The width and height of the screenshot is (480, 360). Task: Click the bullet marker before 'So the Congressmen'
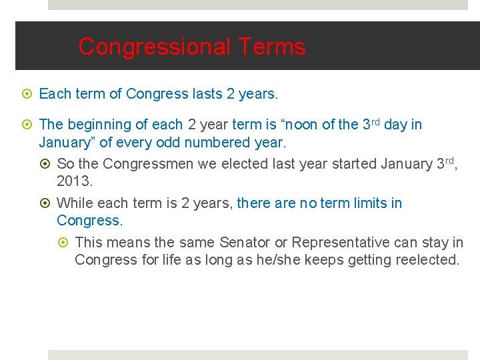tap(46, 164)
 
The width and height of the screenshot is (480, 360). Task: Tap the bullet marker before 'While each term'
tap(46, 203)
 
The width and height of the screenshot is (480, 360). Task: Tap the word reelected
tap(426, 260)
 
